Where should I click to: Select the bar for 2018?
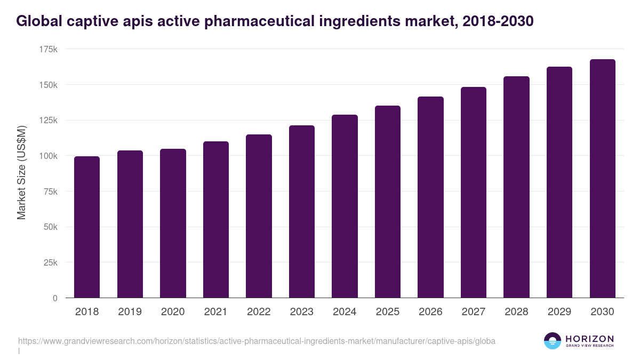tap(87, 227)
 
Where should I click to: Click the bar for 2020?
tap(173, 223)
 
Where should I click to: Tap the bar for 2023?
tap(302, 212)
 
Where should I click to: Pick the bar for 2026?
tap(430, 197)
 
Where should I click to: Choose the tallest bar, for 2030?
tap(602, 179)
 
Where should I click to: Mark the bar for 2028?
tap(516, 187)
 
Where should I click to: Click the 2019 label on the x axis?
tap(130, 312)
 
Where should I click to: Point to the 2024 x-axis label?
tap(345, 312)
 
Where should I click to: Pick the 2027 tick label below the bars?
tap(474, 312)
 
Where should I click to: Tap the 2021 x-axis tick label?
tap(216, 312)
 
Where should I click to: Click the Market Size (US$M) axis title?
tap(21, 172)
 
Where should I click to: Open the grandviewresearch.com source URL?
tap(257, 341)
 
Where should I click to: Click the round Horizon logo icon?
tap(552, 341)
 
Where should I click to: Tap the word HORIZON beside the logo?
tap(589, 339)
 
